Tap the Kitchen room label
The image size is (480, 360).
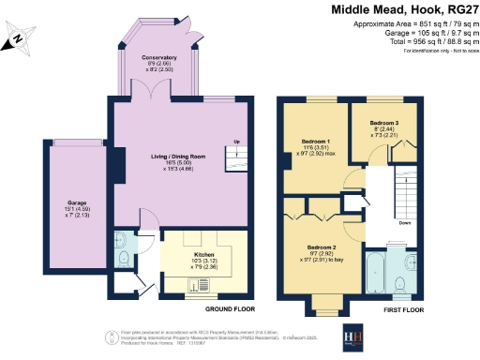(x=203, y=253)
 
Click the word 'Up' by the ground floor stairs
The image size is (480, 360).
(x=235, y=142)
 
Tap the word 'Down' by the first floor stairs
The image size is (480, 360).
(x=405, y=223)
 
